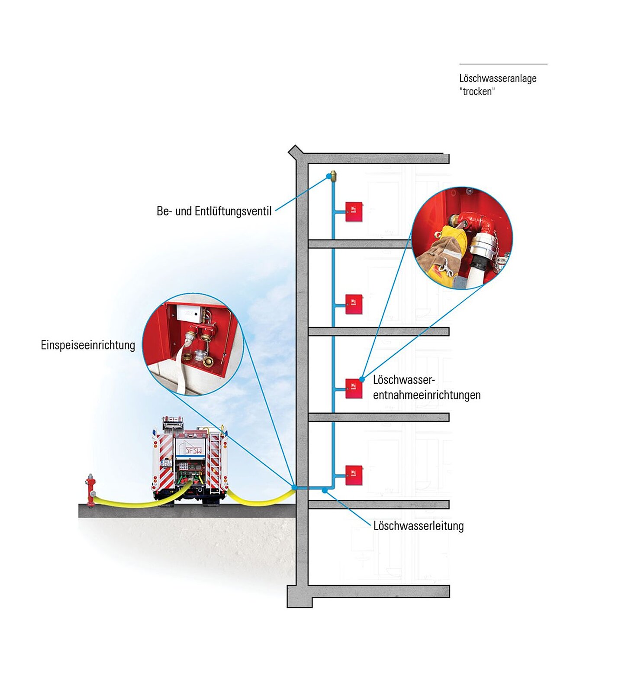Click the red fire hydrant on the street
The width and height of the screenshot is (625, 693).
click(90, 490)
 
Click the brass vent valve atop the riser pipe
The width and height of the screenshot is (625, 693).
click(333, 176)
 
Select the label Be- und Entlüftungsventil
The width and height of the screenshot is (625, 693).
click(214, 211)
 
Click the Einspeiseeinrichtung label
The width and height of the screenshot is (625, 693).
click(88, 345)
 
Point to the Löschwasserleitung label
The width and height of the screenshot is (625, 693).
click(418, 526)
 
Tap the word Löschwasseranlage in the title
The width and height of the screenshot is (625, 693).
click(498, 78)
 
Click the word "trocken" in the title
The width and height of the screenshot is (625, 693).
click(477, 91)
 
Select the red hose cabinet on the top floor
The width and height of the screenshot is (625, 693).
click(354, 212)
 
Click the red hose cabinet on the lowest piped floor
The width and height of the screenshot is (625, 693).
click(354, 475)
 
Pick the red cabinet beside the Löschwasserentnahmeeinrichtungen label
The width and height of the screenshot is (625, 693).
click(354, 389)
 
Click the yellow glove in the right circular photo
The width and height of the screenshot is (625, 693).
click(453, 238)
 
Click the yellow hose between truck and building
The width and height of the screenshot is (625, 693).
click(260, 501)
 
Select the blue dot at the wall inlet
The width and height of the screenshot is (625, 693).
click(294, 488)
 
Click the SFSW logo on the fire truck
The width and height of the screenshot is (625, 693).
click(193, 450)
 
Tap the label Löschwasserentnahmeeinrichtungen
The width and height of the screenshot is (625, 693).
click(426, 387)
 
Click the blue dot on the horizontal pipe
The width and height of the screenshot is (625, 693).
click(325, 491)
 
